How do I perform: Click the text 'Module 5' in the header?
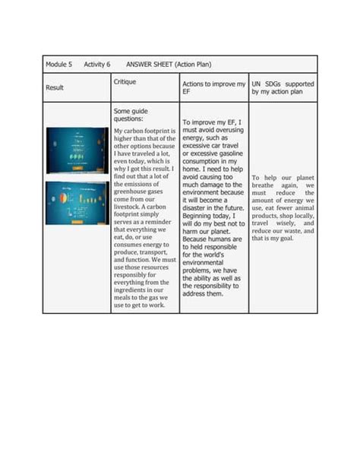coord(58,65)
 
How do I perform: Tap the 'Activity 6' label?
coord(97,65)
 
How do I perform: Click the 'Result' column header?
coord(55,88)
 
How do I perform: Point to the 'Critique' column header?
coord(125,81)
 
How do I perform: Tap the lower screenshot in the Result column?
coord(77,202)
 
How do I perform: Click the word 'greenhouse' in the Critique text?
coord(130,192)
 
